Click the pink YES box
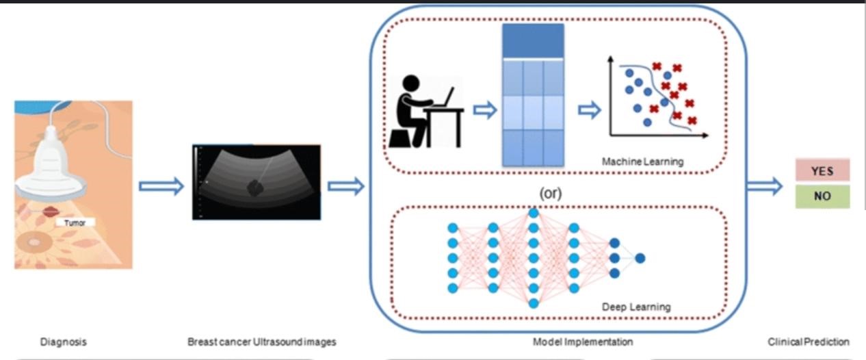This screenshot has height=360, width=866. pos(822,170)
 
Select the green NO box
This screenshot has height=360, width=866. pos(822,196)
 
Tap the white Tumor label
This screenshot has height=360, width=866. pos(75,222)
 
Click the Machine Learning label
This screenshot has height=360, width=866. pos(642,162)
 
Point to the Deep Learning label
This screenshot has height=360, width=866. pos(636,307)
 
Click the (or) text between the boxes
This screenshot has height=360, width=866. pos(551,192)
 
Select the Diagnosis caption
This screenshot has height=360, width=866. pos(64,342)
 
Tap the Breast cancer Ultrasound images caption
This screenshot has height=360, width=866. pos(262,342)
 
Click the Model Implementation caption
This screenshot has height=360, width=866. pos(583,342)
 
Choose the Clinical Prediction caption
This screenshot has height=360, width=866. pos(809,342)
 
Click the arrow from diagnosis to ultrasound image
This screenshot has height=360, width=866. pos(161,186)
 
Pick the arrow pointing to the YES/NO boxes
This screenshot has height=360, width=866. pos(764,186)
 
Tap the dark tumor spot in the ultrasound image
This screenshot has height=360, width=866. pos(254,188)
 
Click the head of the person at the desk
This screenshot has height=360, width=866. pos(410,83)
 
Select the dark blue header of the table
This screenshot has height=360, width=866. pos(533,40)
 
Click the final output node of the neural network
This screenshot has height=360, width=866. pos(640,258)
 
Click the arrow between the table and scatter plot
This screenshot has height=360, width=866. pos(589,110)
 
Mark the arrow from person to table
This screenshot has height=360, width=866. pos(485,110)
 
